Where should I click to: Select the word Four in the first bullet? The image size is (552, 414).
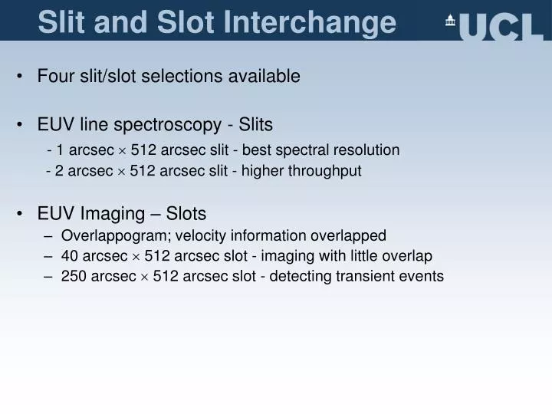point(54,76)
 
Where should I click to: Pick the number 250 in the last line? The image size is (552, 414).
point(74,277)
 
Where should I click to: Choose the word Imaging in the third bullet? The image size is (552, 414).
point(108,213)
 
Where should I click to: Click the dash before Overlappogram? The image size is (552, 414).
point(50,235)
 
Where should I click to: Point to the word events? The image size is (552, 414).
point(423,277)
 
